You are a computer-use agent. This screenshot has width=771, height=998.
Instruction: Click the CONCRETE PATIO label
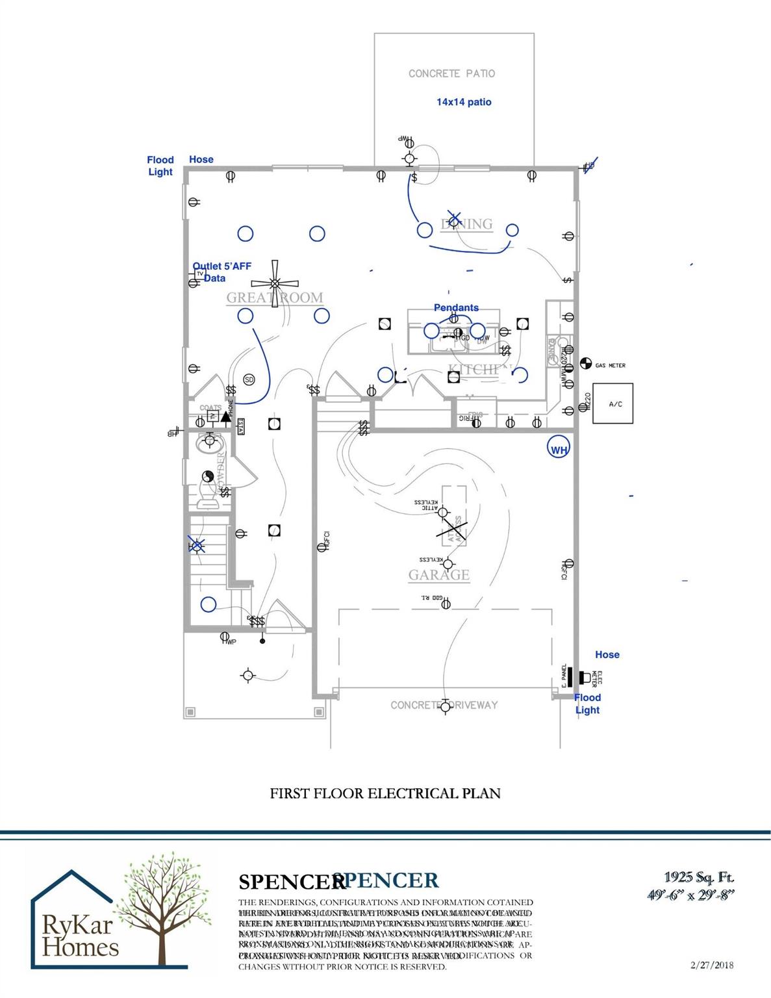(451, 73)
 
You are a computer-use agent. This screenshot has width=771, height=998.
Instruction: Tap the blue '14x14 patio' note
(464, 102)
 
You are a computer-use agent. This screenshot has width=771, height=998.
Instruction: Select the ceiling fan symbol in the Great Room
(275, 284)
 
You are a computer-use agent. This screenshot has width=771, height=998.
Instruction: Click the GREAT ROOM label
(274, 298)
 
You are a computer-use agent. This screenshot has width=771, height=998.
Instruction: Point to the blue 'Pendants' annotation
(456, 307)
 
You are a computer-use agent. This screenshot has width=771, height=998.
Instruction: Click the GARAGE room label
(438, 575)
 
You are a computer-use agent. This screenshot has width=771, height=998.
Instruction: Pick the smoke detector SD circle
(249, 379)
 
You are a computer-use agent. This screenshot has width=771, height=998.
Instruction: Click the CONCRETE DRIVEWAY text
(444, 705)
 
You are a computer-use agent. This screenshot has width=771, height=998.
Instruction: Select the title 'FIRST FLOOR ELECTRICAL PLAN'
(385, 793)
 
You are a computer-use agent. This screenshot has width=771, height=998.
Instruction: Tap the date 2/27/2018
(713, 966)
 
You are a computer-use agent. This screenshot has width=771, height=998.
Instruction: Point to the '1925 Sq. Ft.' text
(699, 878)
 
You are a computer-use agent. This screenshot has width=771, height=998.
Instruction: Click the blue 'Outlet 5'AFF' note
(222, 266)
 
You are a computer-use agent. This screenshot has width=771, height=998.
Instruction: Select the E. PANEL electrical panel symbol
(566, 677)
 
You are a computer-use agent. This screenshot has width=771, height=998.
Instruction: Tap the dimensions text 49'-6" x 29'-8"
(693, 895)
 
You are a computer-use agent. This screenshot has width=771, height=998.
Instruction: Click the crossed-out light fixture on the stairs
(197, 546)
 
